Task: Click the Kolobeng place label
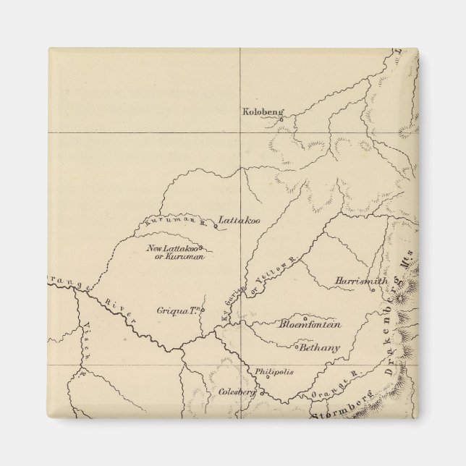(x=263, y=112)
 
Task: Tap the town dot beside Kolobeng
(x=284, y=114)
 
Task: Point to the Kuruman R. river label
(x=175, y=222)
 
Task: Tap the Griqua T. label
(x=177, y=311)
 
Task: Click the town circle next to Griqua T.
(x=203, y=312)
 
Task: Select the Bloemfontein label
(x=310, y=325)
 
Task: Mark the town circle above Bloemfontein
(x=305, y=317)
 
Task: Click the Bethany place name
(x=319, y=348)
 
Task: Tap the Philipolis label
(x=274, y=371)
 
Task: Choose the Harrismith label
(x=362, y=281)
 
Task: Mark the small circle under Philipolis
(x=268, y=376)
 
